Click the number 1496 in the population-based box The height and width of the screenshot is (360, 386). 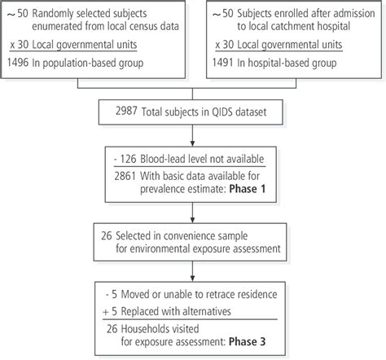pos(19,60)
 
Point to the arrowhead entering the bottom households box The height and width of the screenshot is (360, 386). pos(193,282)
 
